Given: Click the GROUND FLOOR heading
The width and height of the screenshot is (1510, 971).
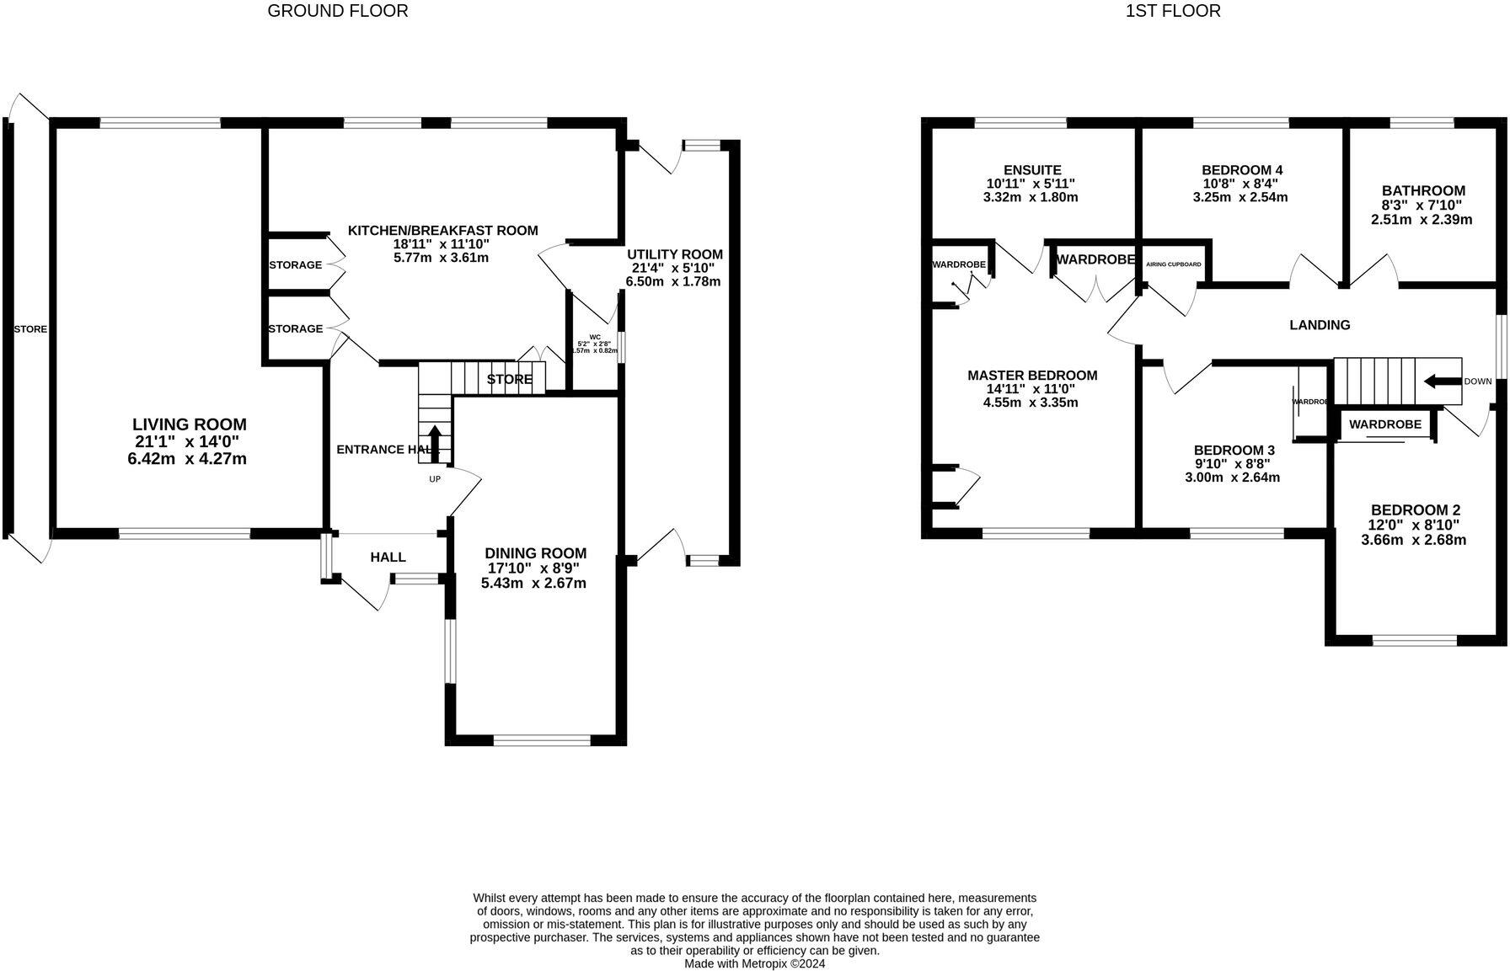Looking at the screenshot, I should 337,11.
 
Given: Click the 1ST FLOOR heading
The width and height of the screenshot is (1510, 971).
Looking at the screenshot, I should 1172,11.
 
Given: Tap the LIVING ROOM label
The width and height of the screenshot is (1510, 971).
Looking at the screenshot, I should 190,425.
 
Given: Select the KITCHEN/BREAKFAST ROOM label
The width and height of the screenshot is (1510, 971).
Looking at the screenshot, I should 442,231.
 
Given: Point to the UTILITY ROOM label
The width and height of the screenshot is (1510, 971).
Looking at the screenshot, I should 674,254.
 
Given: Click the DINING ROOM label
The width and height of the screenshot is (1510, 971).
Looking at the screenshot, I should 535,553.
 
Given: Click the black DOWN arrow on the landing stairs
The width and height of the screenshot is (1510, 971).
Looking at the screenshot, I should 1442,381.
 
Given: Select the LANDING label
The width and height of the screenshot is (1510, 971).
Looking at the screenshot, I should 1320,325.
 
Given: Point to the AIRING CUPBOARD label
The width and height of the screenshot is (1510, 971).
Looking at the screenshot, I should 1173,264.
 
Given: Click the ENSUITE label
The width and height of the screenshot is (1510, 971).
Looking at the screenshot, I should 1032,170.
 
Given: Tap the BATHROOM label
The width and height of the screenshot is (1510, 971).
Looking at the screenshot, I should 1423,191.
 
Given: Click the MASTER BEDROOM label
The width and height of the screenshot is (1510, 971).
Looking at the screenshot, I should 1032,376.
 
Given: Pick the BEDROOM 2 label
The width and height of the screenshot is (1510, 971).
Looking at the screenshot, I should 1415,510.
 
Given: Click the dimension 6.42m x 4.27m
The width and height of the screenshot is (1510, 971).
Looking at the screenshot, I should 190,459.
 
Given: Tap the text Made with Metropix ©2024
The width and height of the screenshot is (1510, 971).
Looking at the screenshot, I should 754,963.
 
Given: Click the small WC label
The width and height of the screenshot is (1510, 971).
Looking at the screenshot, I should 595,336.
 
